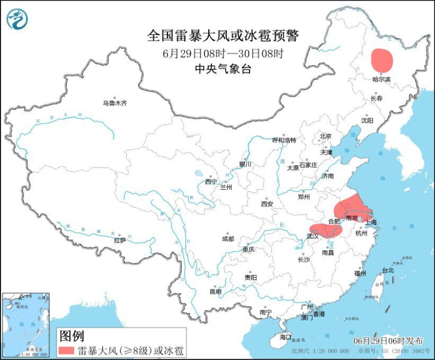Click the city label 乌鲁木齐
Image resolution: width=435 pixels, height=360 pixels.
(115, 103)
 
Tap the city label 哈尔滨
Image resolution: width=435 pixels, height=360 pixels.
(382, 79)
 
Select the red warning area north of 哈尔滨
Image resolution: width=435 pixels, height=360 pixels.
(382, 60)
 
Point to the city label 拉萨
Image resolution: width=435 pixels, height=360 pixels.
(120, 240)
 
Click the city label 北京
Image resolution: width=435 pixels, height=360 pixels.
(326, 136)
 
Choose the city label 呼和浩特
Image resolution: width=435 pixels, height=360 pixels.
(284, 140)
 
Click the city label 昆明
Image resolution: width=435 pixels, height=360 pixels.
(215, 292)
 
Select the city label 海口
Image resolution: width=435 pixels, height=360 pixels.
(285, 337)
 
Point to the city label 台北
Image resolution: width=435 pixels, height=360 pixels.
(388, 270)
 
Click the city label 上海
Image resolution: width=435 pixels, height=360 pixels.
(371, 222)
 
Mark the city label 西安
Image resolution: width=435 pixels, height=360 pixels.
(266, 204)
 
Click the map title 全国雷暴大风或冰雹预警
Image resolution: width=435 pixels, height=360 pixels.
(223, 36)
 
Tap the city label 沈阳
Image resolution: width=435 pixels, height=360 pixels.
(368, 120)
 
